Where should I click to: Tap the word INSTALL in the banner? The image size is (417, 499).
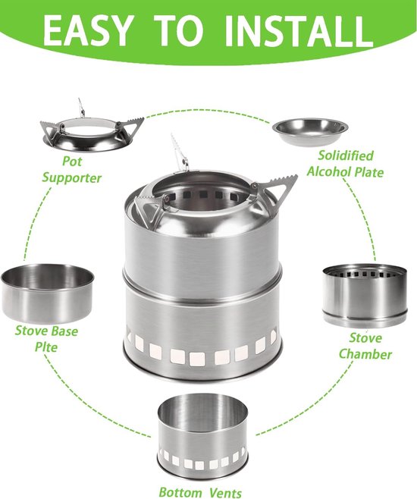tap(299, 30)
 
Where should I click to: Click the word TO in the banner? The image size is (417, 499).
tap(180, 30)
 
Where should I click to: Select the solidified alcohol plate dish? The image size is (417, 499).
tap(309, 131)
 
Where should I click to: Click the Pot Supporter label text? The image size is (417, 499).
tap(71, 170)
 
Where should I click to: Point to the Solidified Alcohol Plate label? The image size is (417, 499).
tap(345, 164)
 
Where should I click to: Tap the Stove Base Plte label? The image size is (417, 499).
tap(46, 339)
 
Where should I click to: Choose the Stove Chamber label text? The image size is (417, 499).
tap(365, 347)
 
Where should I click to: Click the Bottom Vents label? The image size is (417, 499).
tap(200, 491)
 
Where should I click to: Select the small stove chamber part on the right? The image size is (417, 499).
tap(365, 296)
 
